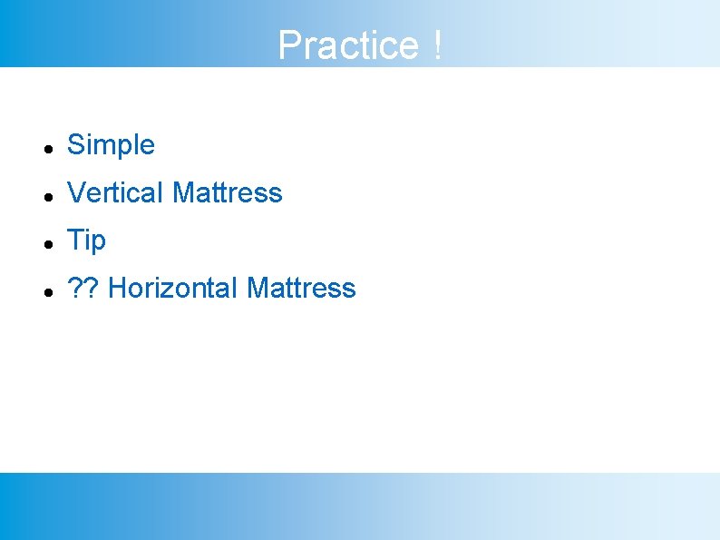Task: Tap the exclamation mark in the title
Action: point(438,45)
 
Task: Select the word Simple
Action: point(111,144)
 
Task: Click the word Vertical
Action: point(116,192)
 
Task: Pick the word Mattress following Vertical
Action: point(227,192)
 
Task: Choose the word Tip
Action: point(87,241)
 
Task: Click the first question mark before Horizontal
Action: point(75,289)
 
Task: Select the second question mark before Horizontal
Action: point(92,289)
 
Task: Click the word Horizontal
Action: point(172,289)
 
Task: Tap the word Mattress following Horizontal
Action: point(301,289)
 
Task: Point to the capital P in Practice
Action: point(289,45)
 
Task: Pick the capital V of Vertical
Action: point(76,192)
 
